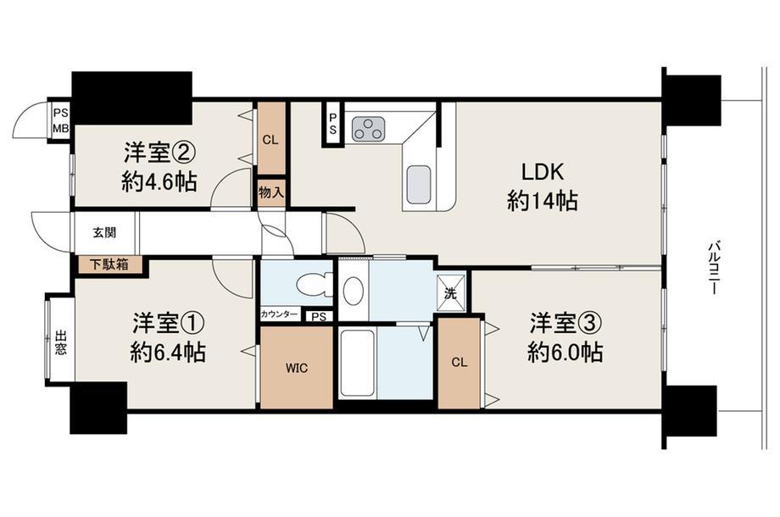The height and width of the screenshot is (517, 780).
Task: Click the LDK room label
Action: (x=543, y=172)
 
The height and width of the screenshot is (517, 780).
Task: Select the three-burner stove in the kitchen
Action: (x=368, y=129)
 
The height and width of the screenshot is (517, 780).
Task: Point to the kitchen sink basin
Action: (x=419, y=185)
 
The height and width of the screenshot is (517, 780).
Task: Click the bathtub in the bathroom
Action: (x=357, y=363)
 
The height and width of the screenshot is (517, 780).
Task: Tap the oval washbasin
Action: (x=354, y=291)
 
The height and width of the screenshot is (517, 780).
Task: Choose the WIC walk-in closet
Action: (x=297, y=368)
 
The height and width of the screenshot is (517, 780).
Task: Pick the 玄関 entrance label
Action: (x=104, y=232)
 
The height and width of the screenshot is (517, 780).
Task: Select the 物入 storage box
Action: (x=271, y=192)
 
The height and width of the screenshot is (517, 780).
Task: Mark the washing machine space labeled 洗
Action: (x=451, y=293)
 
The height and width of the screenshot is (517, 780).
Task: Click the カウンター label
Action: (x=280, y=314)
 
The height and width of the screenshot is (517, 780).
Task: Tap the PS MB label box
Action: (x=61, y=121)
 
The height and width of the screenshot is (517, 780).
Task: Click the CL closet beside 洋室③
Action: (x=460, y=363)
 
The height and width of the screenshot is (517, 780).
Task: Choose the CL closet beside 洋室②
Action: (x=270, y=140)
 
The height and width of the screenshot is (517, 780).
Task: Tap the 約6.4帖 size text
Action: (x=168, y=353)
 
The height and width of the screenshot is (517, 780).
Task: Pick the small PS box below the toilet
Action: (x=320, y=316)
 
